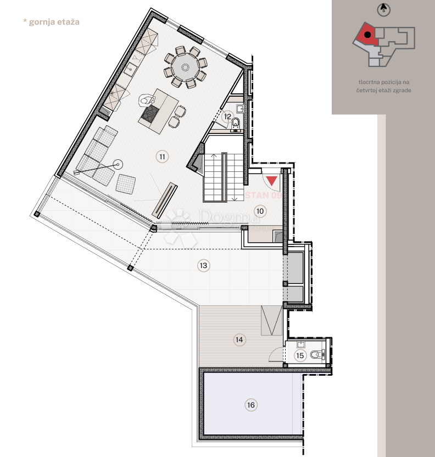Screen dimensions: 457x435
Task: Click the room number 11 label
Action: point(161,157)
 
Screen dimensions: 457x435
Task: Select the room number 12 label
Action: point(228,116)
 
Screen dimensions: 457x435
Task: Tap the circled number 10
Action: point(260,210)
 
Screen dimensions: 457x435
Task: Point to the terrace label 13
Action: point(203,265)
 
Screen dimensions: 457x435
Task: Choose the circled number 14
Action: point(239,339)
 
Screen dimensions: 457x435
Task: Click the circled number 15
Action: point(300,355)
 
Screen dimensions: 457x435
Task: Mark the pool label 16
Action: point(251,405)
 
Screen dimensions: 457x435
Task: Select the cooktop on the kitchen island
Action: point(150,114)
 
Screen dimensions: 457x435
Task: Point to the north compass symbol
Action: point(383,9)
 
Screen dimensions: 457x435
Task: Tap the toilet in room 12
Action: point(235,123)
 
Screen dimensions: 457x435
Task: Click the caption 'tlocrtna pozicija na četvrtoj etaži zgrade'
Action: point(383,86)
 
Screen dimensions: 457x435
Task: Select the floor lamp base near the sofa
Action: point(117,163)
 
